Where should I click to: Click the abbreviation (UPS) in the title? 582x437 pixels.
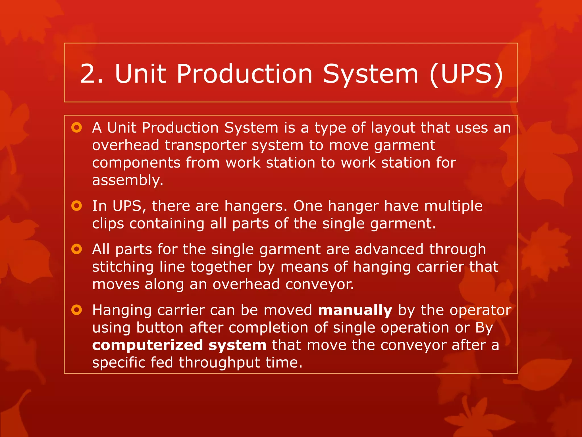point(466,74)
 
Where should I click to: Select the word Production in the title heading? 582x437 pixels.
point(244,74)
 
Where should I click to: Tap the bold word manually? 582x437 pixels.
point(355,310)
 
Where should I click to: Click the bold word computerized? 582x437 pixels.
point(147,345)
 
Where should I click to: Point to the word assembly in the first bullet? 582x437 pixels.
point(128,180)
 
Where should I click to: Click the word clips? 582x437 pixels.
point(108,224)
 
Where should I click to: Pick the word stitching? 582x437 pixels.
point(123,267)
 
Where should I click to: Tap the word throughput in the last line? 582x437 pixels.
point(219,363)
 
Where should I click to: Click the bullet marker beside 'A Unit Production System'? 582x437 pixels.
point(77,127)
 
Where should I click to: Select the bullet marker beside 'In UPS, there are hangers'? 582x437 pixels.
point(77,206)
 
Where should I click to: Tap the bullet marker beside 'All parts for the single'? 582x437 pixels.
point(77,249)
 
